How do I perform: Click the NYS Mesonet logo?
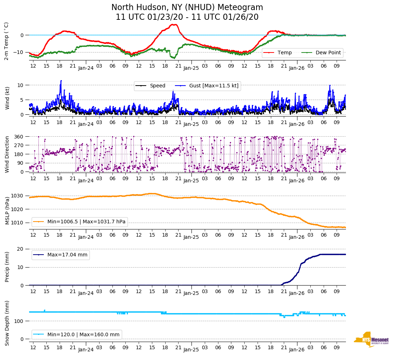coord(371,340)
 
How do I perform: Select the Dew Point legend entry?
coord(328,53)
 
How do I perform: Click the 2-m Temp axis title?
coord(6,41)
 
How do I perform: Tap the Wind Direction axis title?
coord(7,154)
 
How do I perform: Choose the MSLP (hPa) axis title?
coord(7,210)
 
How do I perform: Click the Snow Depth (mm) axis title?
coord(7,323)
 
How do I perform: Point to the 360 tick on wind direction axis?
coord(19,137)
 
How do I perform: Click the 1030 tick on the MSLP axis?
coord(18,196)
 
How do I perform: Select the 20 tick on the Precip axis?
coord(21,249)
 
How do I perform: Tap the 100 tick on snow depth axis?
coord(19,321)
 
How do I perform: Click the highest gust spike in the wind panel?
coord(61,81)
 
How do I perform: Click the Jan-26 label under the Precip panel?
coord(297,293)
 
